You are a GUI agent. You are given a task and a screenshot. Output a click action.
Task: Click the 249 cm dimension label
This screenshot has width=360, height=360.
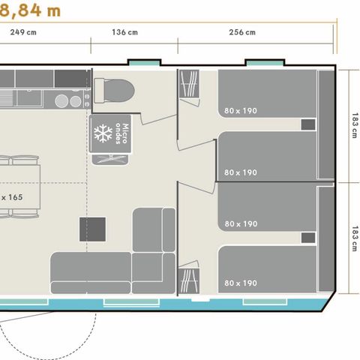tap(24, 32)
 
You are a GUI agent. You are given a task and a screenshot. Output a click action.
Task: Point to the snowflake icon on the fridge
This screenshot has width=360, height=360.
tap(101, 133)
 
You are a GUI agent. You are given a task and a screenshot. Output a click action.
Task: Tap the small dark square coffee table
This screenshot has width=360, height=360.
tap(93, 229)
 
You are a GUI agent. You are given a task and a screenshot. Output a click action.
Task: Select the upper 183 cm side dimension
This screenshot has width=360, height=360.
tap(353, 124)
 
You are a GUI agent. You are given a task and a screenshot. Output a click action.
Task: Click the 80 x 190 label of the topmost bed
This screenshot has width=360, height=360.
tap(240, 111)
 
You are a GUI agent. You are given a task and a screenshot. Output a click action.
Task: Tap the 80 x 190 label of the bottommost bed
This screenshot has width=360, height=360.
tap(240, 283)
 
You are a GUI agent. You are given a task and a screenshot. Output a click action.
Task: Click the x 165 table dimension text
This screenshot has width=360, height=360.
tap(11, 196)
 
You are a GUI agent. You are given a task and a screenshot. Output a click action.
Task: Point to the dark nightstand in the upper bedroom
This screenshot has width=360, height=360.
tap(307, 125)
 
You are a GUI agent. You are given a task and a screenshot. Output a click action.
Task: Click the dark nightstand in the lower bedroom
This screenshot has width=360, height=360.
tap(307, 238)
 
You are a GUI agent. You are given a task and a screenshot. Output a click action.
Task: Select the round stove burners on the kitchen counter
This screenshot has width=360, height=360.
tap(69, 100)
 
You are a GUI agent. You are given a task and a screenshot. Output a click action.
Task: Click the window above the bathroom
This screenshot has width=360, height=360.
tap(143, 61)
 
